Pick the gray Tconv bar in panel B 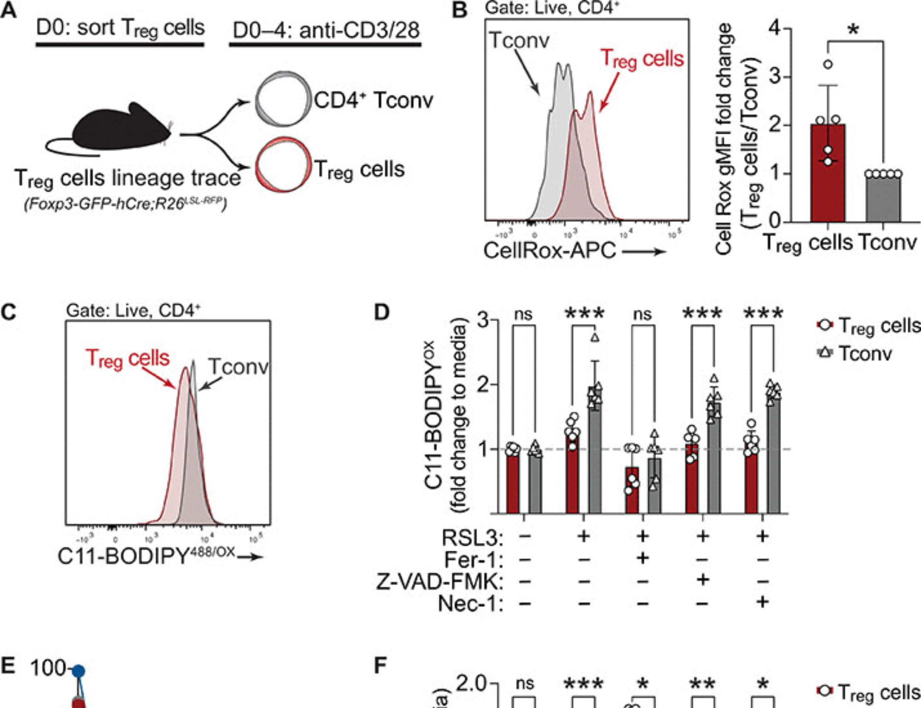[x=883, y=198]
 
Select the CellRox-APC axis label [x=549, y=250]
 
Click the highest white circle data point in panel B [x=828, y=64]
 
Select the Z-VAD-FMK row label [x=439, y=581]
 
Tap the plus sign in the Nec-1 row [x=763, y=602]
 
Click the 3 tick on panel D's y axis [x=483, y=319]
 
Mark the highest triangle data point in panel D [x=595, y=338]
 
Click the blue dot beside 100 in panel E [x=79, y=671]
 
